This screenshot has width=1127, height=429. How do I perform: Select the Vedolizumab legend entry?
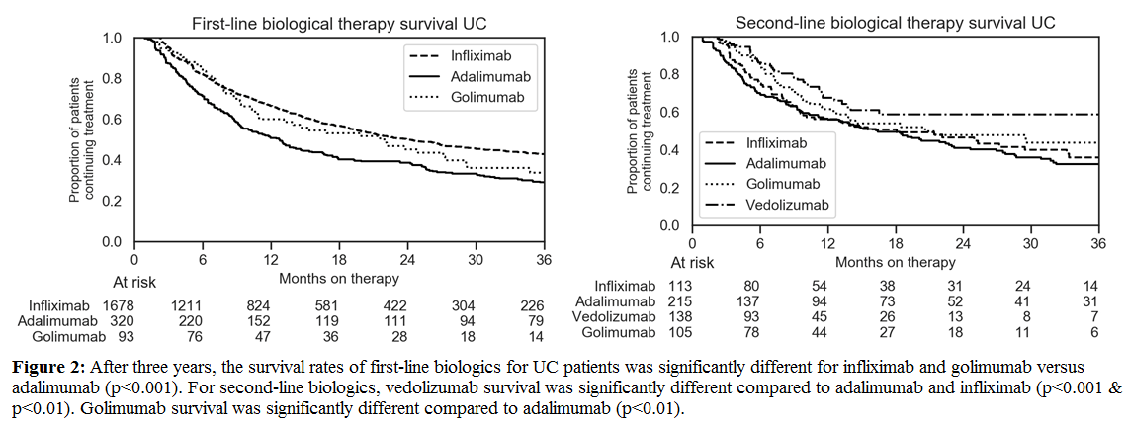coord(787,207)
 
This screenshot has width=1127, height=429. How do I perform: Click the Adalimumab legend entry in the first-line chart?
coord(480,76)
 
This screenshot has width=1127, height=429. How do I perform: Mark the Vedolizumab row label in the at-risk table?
coord(617,316)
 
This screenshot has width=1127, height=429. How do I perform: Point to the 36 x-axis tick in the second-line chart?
coord(1096,244)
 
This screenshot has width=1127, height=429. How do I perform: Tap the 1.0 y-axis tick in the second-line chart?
coord(670,38)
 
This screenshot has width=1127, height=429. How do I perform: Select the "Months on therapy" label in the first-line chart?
coord(338,280)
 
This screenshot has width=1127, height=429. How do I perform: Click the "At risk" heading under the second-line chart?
coord(692,263)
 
